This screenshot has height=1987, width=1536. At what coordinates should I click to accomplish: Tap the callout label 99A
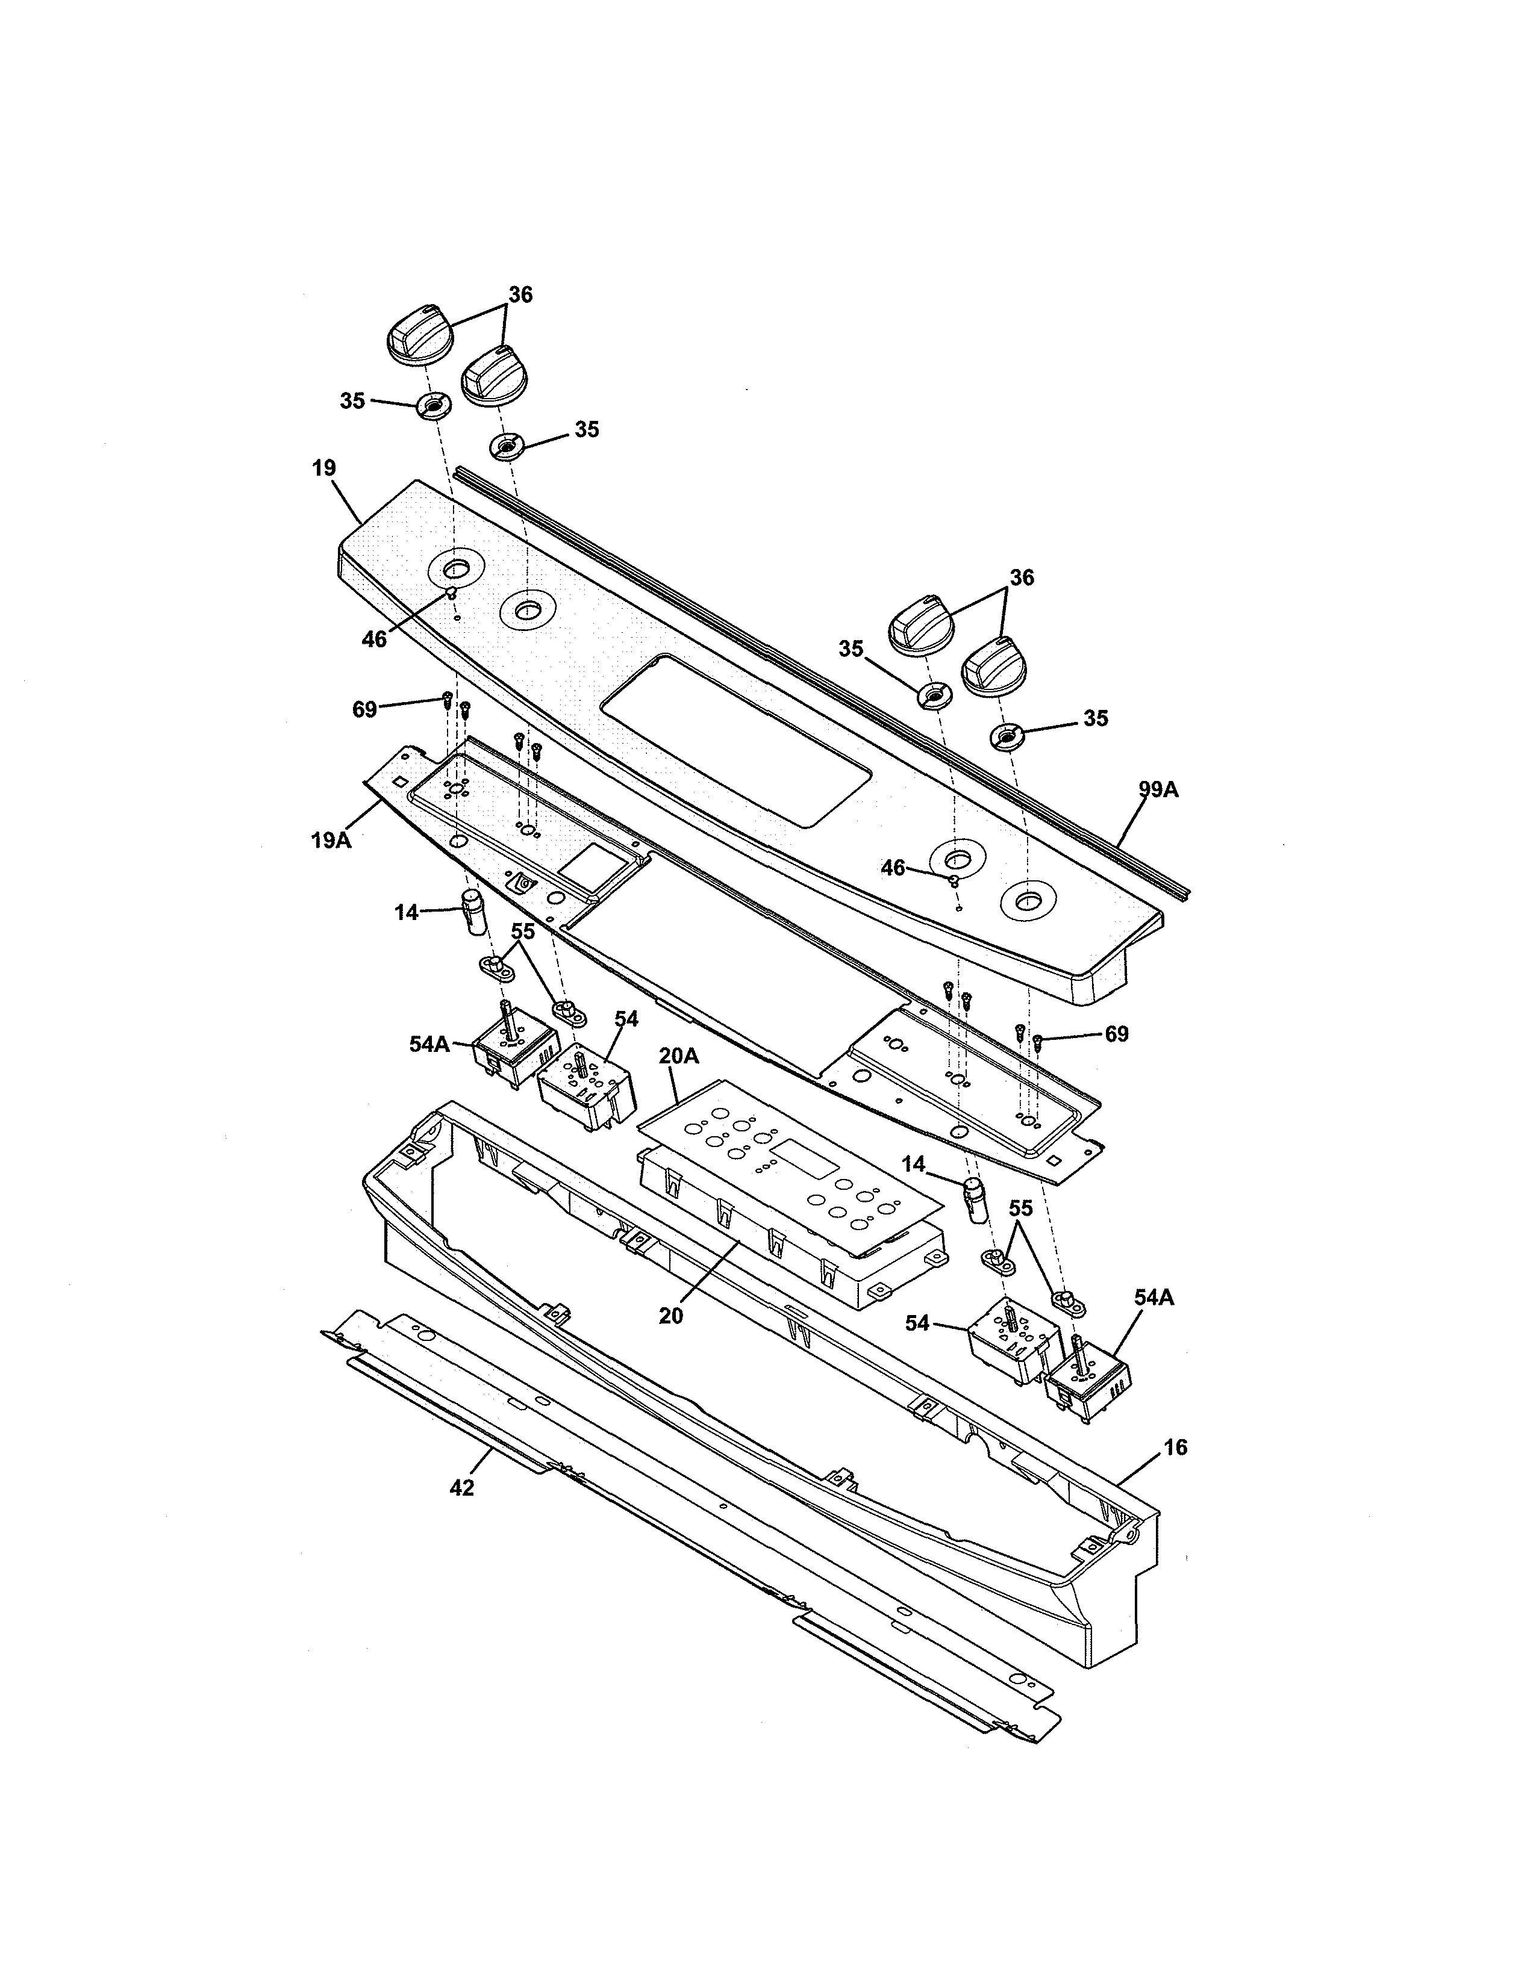[1158, 790]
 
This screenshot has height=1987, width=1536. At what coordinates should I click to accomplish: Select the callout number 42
[462, 1487]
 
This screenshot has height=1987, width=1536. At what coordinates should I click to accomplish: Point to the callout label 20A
[679, 1056]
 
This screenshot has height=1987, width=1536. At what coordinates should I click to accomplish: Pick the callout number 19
[324, 468]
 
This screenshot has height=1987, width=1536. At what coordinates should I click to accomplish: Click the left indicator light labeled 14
[473, 913]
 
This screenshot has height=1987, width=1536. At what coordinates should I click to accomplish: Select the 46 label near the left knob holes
[374, 639]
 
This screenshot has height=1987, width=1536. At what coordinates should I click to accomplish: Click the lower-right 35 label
[1096, 718]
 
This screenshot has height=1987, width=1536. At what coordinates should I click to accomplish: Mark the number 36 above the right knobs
[1022, 577]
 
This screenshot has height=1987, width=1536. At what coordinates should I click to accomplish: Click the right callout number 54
[917, 1323]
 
